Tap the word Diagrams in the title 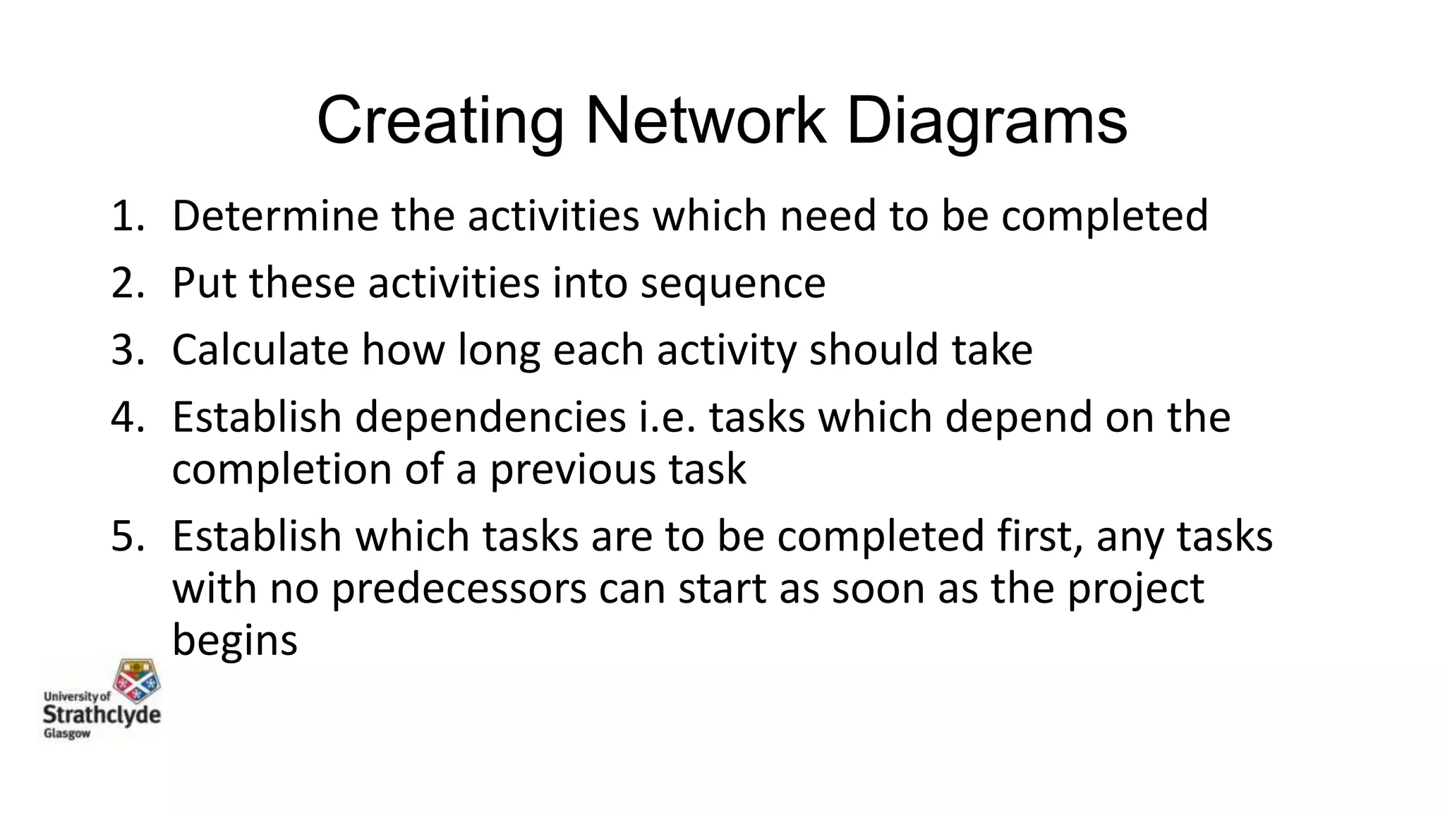click(986, 121)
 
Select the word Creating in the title click(440, 121)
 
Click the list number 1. click(127, 215)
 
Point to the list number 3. click(127, 349)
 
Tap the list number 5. click(127, 536)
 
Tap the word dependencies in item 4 click(490, 418)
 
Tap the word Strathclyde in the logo click(102, 714)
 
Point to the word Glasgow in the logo click(68, 734)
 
